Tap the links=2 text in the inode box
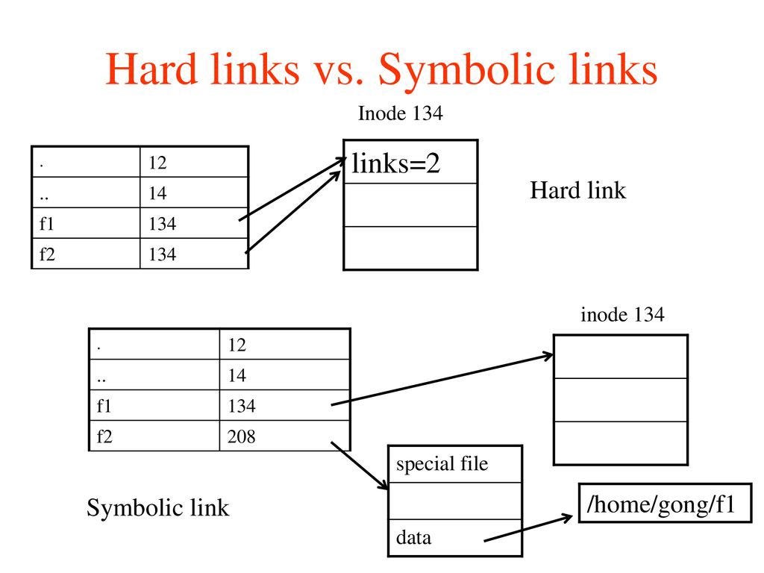395,163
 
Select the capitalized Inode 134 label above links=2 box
400,113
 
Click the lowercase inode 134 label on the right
622,315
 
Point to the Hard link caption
577,191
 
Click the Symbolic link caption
157,508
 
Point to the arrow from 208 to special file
360,466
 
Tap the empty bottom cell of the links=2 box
410,248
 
